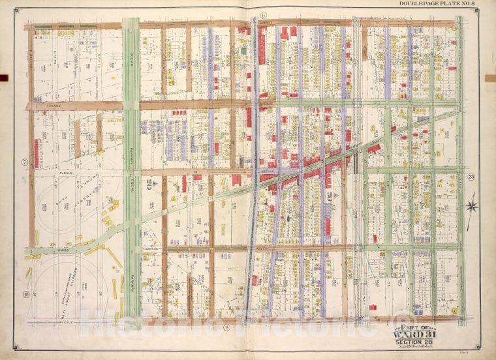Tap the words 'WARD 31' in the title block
[423, 337]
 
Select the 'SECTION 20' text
[423, 346]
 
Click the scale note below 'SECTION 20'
[423, 352]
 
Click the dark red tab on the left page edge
[3, 78]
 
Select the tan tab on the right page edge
[490, 78]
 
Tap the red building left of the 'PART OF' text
[373, 307]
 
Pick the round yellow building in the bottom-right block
[453, 310]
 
